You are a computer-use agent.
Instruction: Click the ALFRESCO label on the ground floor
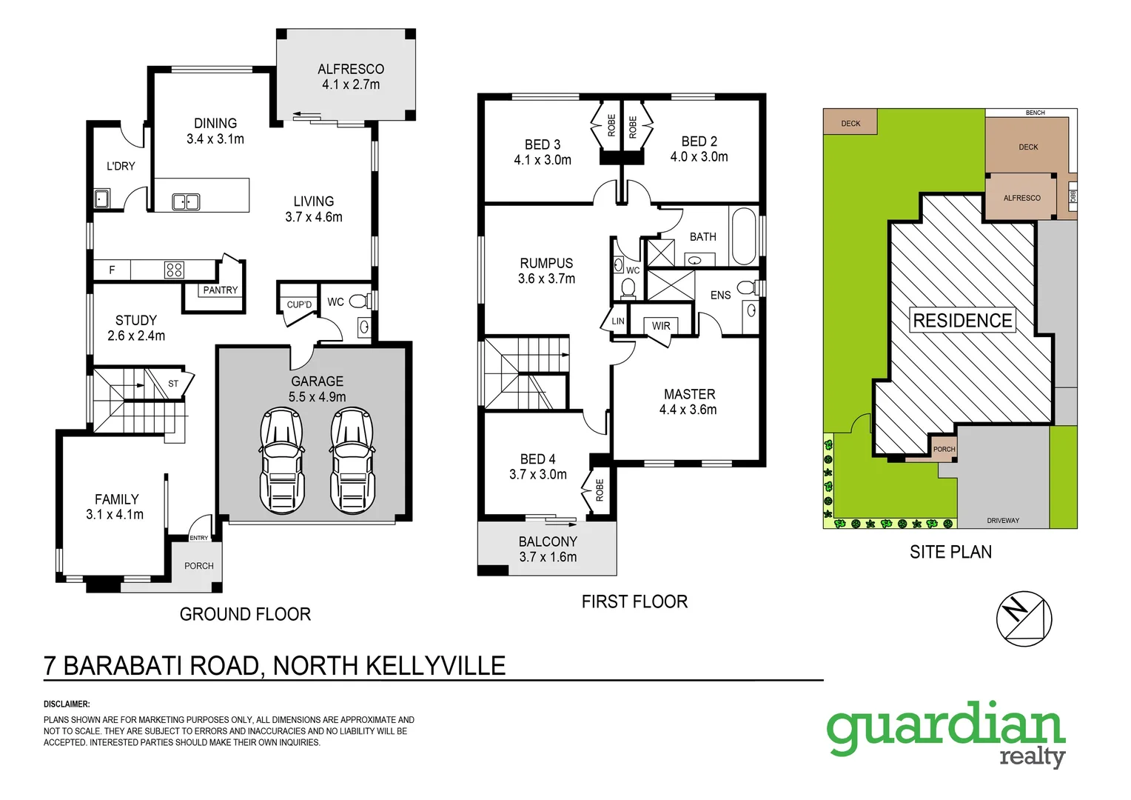(x=351, y=69)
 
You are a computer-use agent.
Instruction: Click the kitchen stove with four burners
(x=174, y=270)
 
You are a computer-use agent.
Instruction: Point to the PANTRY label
(x=221, y=290)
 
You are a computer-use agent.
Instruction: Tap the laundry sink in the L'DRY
(x=102, y=199)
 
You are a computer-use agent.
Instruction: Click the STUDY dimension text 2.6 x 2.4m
(x=136, y=336)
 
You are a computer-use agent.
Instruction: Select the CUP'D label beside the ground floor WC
(x=299, y=304)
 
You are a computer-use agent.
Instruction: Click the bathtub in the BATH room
(x=743, y=236)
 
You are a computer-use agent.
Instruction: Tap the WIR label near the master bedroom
(x=661, y=326)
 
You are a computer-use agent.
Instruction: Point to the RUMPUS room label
(x=546, y=263)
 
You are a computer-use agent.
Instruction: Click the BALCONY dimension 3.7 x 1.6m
(x=548, y=557)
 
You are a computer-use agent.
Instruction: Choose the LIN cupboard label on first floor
(x=618, y=321)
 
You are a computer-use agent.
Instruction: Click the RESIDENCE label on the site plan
(x=962, y=321)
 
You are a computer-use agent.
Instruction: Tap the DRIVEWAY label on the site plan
(x=1003, y=521)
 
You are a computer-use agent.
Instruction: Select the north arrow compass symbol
(x=1023, y=619)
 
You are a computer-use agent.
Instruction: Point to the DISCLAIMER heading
(x=67, y=704)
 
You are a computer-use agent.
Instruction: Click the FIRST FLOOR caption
(x=634, y=601)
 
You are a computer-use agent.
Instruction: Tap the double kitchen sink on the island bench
(x=186, y=201)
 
